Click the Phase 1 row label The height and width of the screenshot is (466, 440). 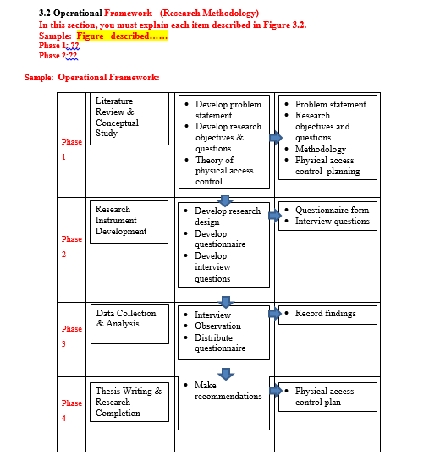[72, 149]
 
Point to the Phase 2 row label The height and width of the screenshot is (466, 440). [72, 246]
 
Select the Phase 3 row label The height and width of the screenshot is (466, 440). [72, 336]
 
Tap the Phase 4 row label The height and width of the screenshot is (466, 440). [72, 410]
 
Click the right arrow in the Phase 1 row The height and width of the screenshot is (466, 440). [276, 138]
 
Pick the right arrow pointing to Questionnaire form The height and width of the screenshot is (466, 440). [275, 215]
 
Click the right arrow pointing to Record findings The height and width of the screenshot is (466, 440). [275, 314]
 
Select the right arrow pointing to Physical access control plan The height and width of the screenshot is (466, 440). [275, 391]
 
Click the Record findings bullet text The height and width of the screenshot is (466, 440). [325, 314]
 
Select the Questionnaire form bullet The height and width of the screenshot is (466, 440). [332, 210]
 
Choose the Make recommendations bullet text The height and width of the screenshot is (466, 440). [228, 391]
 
